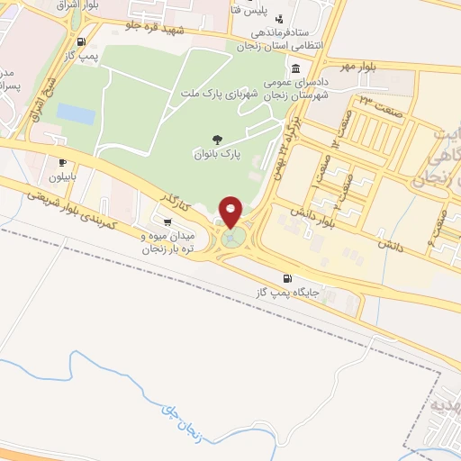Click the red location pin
[x=231, y=211]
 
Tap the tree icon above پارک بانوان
[x=217, y=139]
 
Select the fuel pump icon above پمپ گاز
[x=82, y=41]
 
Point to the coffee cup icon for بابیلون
[x=62, y=163]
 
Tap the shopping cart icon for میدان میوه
[x=167, y=221]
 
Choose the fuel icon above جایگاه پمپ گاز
[x=287, y=277]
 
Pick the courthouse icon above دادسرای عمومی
[x=296, y=69]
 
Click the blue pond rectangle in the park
[x=75, y=114]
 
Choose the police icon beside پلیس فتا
[x=279, y=18]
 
